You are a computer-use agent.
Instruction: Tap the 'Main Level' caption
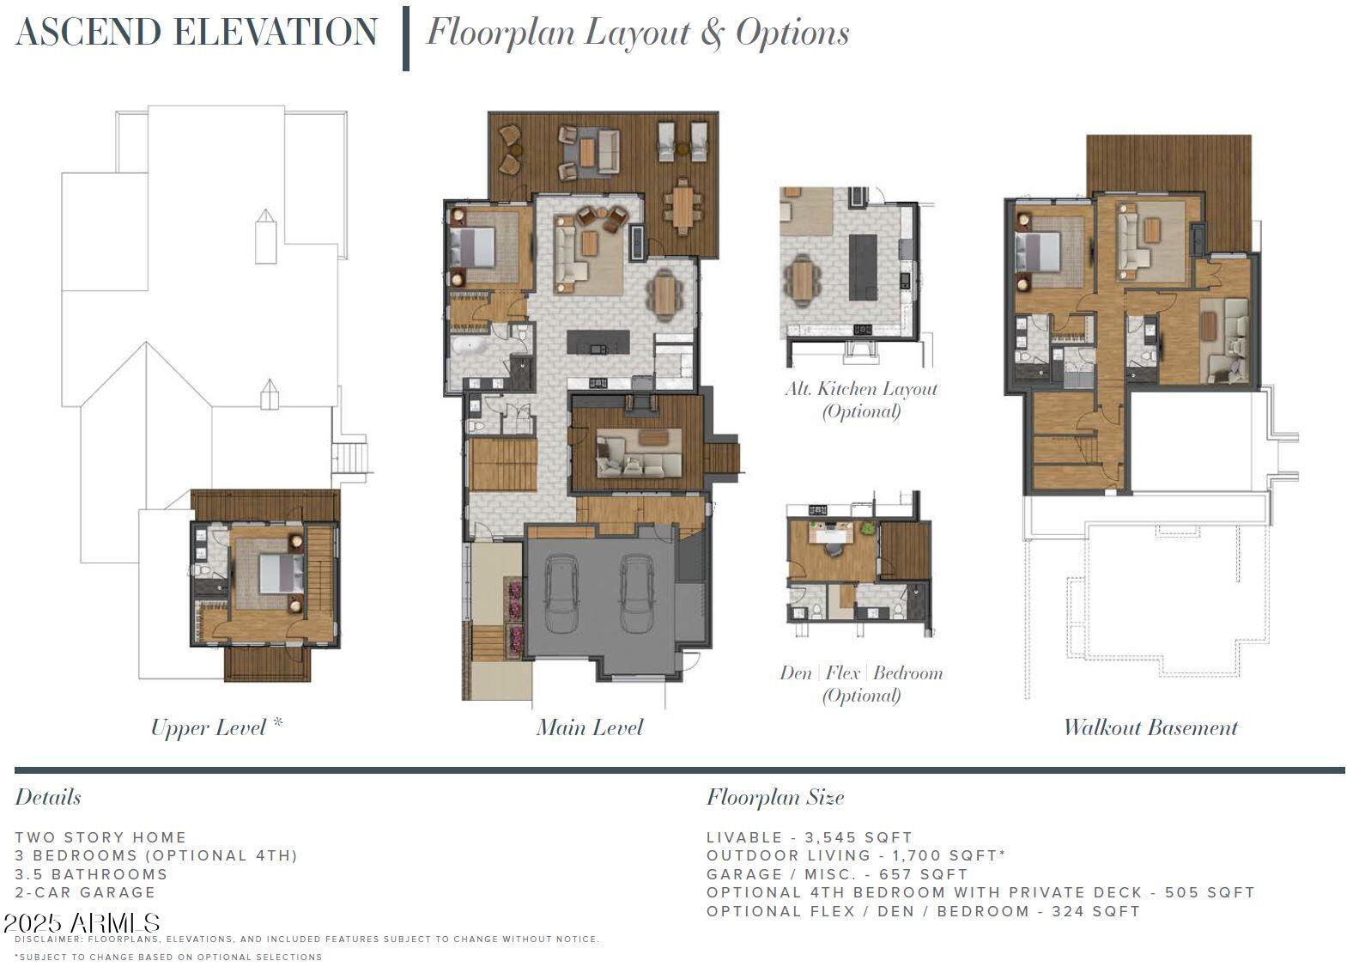tap(589, 728)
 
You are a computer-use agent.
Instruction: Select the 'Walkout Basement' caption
tap(1150, 728)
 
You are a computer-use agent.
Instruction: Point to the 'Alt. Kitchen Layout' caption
tap(861, 389)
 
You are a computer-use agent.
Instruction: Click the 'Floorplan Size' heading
tap(774, 798)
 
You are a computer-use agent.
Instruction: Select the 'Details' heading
tap(48, 798)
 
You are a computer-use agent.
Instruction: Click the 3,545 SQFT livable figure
tap(858, 837)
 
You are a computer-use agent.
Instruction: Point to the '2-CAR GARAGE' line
tap(85, 893)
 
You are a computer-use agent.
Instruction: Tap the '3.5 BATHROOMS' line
tap(91, 875)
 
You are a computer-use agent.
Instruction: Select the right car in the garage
tap(637, 593)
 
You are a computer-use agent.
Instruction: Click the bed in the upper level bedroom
tap(282, 573)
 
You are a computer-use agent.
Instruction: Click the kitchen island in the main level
tap(598, 343)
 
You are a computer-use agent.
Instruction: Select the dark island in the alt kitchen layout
tap(863, 267)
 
